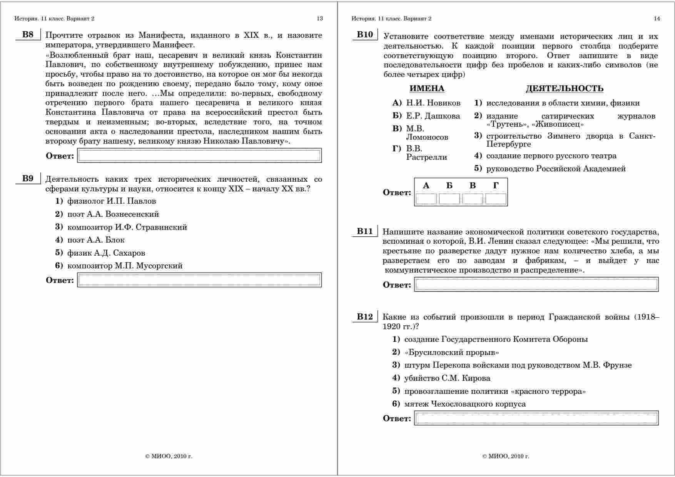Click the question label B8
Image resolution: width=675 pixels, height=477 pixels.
click(x=28, y=35)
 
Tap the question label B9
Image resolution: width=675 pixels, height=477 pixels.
click(x=28, y=179)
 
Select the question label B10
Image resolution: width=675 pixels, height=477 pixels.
click(x=365, y=35)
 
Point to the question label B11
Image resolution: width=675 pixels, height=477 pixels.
click(x=365, y=231)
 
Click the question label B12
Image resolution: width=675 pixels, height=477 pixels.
click(x=365, y=317)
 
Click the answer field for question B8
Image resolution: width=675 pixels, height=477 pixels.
click(x=199, y=156)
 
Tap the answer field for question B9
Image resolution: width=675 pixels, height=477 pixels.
click(x=199, y=280)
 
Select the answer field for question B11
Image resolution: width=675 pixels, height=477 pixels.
click(x=536, y=285)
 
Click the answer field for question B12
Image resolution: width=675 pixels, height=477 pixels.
click(x=536, y=418)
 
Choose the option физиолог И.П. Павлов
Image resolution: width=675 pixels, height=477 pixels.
click(x=112, y=201)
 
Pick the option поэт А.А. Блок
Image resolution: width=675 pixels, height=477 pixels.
click(x=96, y=240)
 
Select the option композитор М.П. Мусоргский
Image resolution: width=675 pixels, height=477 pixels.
click(x=125, y=266)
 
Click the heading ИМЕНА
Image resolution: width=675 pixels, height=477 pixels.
click(x=427, y=89)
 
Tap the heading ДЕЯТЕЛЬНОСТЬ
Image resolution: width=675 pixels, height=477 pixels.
click(x=565, y=89)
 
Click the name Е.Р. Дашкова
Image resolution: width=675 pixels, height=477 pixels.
click(x=433, y=116)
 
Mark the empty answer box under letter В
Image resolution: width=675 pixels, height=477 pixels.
click(x=473, y=199)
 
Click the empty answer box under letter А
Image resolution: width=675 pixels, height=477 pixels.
click(x=426, y=199)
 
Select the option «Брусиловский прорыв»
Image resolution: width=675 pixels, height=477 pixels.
click(x=452, y=352)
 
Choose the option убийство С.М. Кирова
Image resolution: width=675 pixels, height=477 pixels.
click(x=447, y=378)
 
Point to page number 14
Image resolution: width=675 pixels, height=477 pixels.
click(x=657, y=18)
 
